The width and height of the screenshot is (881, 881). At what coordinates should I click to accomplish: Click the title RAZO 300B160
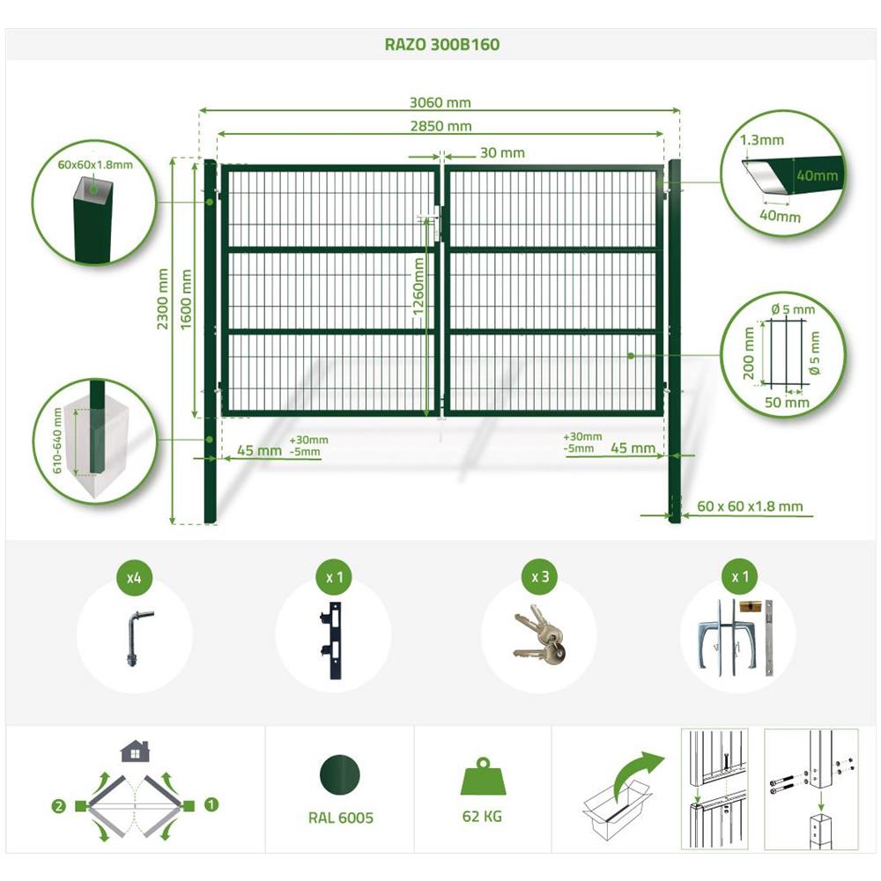[441, 44]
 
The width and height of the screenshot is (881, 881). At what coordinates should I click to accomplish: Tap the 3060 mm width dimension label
[440, 102]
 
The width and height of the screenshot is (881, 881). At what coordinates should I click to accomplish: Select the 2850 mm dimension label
[440, 126]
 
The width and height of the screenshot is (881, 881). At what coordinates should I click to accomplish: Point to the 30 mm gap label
[502, 152]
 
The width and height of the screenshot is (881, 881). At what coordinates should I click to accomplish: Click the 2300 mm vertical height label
[163, 299]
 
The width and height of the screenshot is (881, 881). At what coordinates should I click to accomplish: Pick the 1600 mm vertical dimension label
[186, 299]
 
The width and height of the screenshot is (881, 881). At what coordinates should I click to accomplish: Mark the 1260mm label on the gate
[418, 285]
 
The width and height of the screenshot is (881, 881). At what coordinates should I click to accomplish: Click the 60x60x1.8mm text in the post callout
[95, 165]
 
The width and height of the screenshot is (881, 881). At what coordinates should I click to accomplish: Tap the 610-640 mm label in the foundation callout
[56, 441]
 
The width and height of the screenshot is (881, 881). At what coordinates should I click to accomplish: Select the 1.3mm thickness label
[761, 140]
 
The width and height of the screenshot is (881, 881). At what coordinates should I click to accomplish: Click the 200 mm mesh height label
[748, 354]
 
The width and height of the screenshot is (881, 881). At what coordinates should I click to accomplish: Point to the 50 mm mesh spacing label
[787, 403]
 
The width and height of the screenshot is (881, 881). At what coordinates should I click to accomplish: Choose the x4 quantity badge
[134, 577]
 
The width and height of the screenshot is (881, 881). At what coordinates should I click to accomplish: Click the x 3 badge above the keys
[540, 577]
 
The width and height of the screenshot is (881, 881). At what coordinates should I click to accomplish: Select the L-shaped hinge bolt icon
[136, 638]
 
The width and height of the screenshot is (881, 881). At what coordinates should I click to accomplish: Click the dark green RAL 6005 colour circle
[340, 775]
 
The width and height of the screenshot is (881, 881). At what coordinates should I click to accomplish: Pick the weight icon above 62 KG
[482, 777]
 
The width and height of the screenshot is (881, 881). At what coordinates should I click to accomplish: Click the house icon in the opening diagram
[136, 751]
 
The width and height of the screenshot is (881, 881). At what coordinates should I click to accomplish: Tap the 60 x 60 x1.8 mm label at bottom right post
[750, 507]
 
